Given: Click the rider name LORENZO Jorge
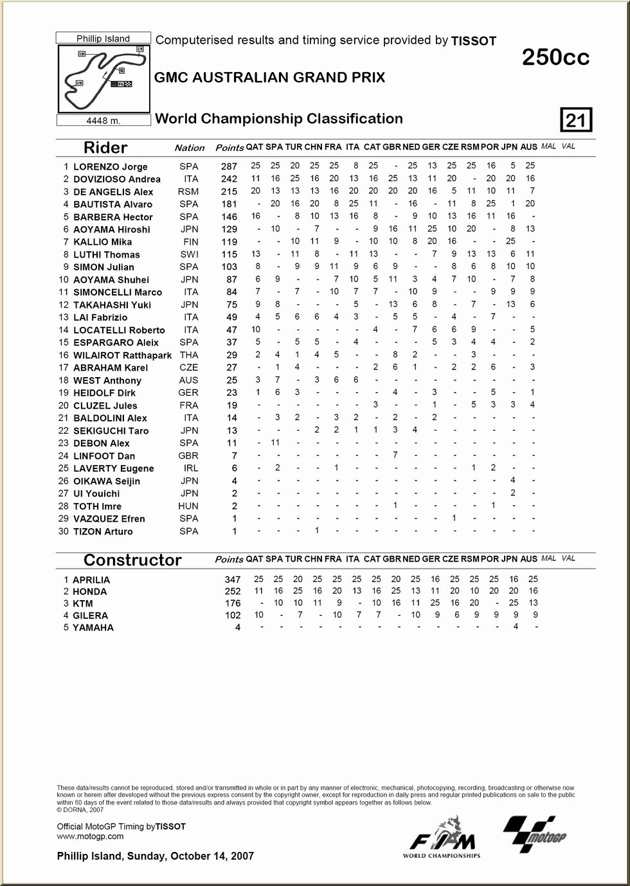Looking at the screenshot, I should (110, 167).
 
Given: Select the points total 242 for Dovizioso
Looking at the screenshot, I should (229, 179).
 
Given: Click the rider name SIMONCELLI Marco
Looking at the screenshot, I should (117, 292).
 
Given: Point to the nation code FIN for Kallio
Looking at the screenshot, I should (189, 242).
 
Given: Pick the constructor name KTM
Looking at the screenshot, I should (82, 604).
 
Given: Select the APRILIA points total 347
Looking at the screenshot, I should (232, 580).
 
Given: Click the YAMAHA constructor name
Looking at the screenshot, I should (93, 628).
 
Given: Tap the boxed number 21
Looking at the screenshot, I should (576, 120).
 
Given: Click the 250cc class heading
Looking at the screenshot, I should (555, 58).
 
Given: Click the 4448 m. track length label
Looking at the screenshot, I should (104, 120).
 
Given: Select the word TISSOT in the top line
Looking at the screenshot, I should (474, 41).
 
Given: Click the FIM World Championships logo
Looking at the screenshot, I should (442, 838).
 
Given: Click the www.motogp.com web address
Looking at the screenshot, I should (90, 836).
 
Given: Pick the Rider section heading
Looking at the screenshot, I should (105, 148).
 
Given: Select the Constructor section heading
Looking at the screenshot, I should (132, 560).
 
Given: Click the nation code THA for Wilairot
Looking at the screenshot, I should (189, 355).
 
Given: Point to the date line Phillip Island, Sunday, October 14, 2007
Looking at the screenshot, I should (155, 856).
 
